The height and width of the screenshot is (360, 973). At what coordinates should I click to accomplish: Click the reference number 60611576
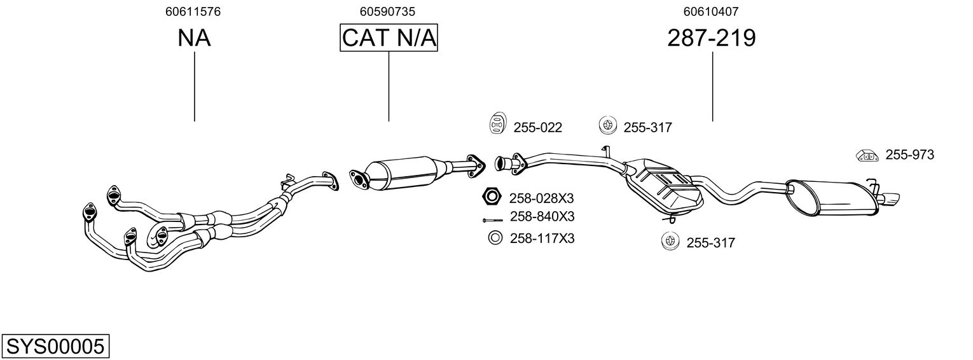tap(193, 11)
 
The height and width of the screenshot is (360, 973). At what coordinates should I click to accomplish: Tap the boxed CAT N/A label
tap(389, 38)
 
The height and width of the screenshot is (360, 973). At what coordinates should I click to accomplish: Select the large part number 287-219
tap(712, 38)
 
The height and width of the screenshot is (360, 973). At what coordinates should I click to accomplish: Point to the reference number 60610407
tap(711, 11)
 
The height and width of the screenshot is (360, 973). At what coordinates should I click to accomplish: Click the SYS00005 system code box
tap(55, 347)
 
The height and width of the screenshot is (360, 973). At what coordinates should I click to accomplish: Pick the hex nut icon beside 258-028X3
tap(492, 197)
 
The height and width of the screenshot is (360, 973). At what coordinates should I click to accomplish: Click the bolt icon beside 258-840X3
tap(493, 220)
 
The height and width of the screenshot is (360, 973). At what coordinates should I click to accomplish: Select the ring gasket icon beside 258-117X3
tap(495, 237)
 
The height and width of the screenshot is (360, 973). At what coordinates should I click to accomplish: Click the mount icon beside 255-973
tap(867, 155)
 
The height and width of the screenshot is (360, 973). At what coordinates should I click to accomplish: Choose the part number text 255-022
tap(538, 128)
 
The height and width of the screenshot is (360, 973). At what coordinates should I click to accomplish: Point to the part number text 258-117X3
tap(542, 239)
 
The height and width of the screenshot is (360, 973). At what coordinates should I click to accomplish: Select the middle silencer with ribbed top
tap(664, 187)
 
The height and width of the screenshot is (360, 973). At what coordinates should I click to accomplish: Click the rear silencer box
tap(832, 198)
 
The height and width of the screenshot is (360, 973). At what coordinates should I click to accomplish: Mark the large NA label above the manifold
tap(194, 38)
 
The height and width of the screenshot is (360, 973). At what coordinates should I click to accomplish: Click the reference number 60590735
tap(387, 11)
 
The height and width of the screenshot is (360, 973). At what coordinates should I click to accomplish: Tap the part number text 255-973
tap(909, 155)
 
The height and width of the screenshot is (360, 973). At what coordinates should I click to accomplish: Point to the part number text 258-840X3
tap(542, 216)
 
